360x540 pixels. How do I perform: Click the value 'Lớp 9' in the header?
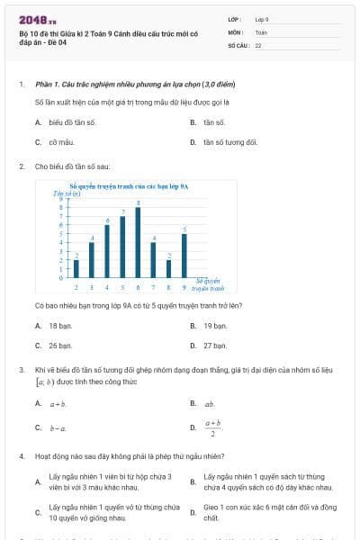(x=262, y=19)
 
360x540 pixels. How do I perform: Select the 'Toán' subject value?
(x=261, y=31)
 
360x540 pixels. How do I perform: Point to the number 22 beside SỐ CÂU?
(x=258, y=44)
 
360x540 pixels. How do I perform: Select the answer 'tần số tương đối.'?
(x=230, y=142)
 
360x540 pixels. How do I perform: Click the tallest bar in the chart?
(x=138, y=243)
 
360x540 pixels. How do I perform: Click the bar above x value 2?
(x=76, y=269)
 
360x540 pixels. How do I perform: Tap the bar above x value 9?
(x=184, y=256)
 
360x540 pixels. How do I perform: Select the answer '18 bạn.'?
(x=59, y=325)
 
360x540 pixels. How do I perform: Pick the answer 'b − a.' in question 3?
(x=58, y=427)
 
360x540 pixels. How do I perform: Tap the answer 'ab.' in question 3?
(x=209, y=404)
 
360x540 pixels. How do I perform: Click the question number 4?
(x=21, y=456)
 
